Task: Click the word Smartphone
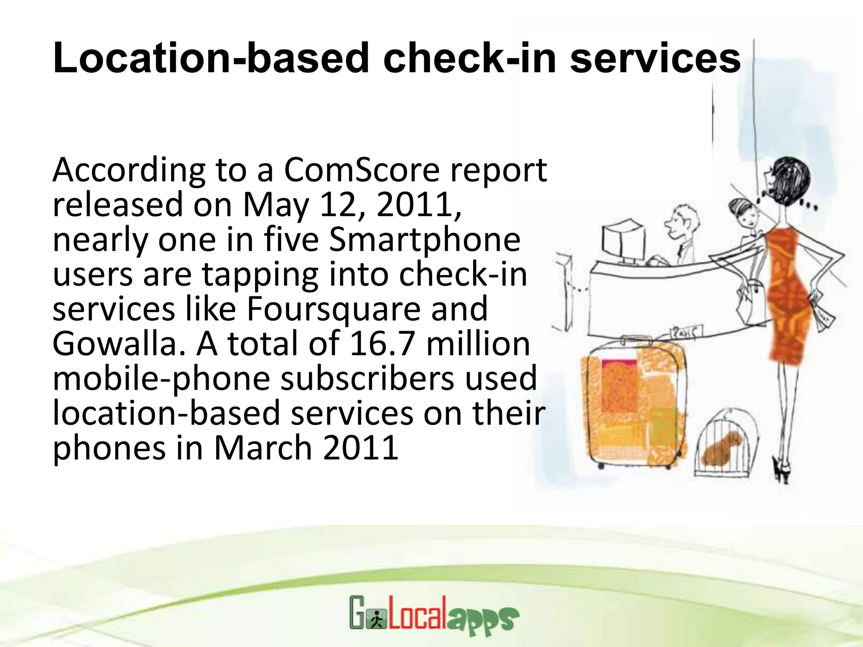[x=424, y=240]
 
